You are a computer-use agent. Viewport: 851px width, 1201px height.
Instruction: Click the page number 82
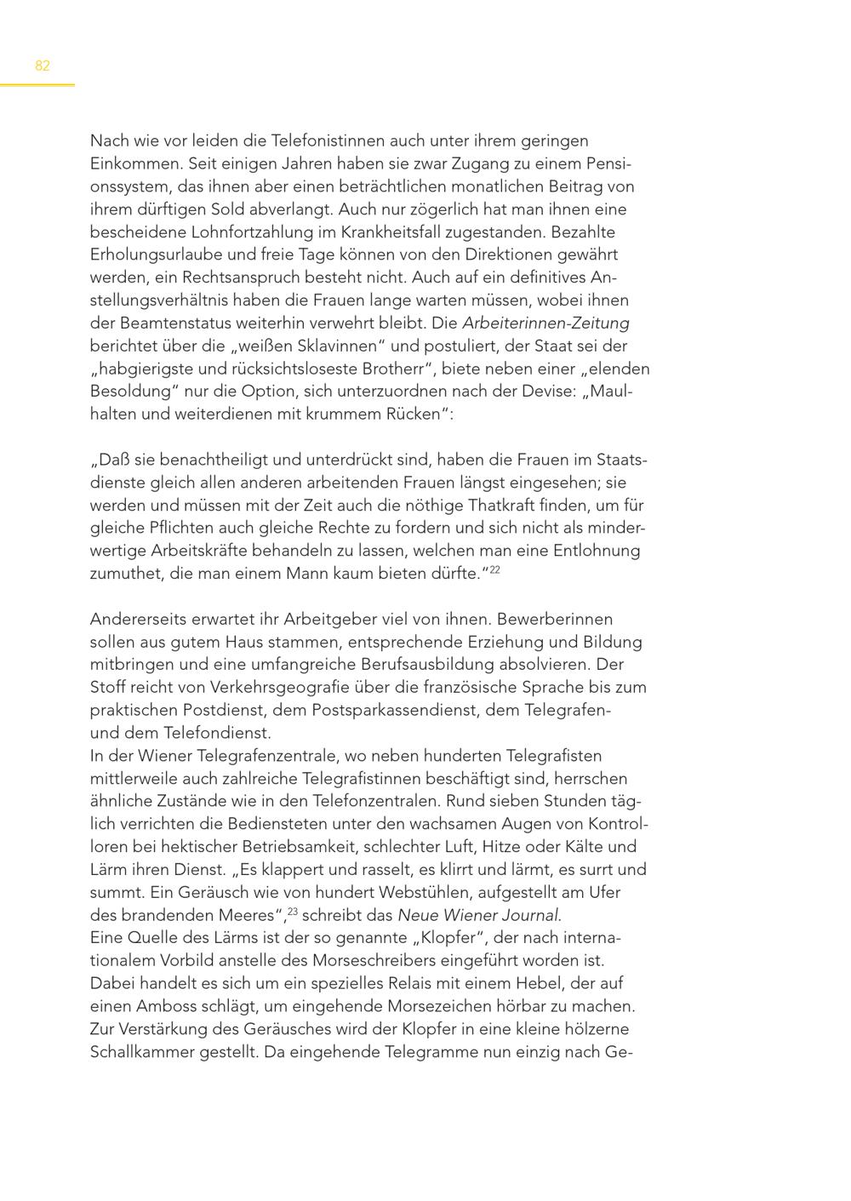[x=43, y=66]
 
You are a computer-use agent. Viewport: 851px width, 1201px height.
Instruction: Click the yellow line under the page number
[x=37, y=85]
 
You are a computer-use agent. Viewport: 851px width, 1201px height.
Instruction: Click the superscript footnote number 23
[x=292, y=912]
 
